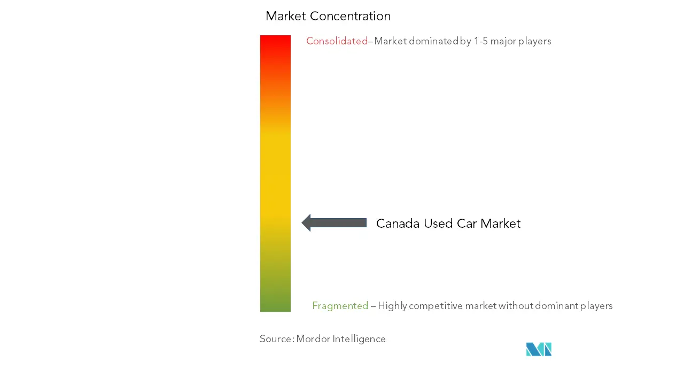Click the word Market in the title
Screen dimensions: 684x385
(286, 16)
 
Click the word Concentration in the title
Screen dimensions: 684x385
(350, 16)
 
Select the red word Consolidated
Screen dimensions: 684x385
(337, 41)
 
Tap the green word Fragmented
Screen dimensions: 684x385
(340, 305)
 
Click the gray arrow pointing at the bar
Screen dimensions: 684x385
(334, 223)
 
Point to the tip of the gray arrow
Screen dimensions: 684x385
(302, 223)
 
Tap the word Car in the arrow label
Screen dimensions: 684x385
(467, 224)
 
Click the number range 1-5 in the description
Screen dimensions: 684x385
(480, 41)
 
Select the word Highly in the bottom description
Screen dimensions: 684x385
(392, 306)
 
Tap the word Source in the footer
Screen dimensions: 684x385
(276, 339)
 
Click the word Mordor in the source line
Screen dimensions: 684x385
(313, 339)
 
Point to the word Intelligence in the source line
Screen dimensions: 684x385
(359, 339)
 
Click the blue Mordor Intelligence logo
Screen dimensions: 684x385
(539, 349)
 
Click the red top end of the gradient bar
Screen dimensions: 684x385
(275, 37)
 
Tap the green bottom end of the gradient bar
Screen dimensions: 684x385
(275, 309)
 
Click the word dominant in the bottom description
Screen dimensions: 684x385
(556, 305)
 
